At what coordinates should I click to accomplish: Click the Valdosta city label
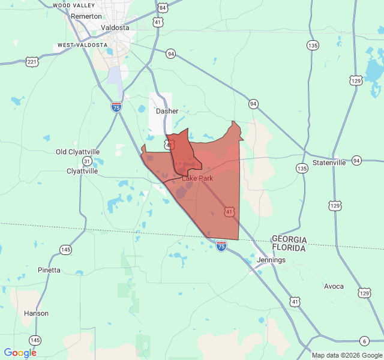pos(116,28)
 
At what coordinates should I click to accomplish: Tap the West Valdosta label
pos(82,45)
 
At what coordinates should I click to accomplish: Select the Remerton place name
pos(86,16)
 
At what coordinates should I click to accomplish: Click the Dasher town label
pos(167,111)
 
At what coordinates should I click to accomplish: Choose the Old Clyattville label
pos(77,152)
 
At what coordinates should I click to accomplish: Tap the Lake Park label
pos(197,178)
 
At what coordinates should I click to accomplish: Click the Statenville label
pos(329,163)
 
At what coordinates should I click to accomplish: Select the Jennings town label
pos(271,260)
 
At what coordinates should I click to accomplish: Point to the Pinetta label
pos(49,270)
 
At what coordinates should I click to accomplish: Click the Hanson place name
pos(36,313)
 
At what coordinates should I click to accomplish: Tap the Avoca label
pos(334,286)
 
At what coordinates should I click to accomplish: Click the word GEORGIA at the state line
pos(289,239)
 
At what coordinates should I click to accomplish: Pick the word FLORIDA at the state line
pos(289,247)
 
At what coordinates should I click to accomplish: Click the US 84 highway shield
pos(163,8)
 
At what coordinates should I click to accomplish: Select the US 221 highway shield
pos(32,62)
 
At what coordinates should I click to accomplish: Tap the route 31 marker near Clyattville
pos(88,161)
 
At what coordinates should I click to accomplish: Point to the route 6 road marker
pos(364,341)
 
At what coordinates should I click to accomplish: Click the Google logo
pos(20,353)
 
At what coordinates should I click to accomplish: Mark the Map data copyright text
pos(346,355)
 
